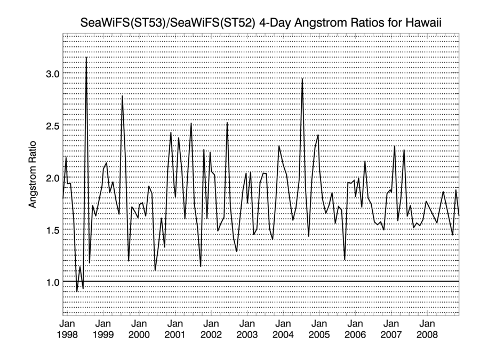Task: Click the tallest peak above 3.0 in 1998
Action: tap(86, 58)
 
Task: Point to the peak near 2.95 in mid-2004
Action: tap(302, 79)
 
